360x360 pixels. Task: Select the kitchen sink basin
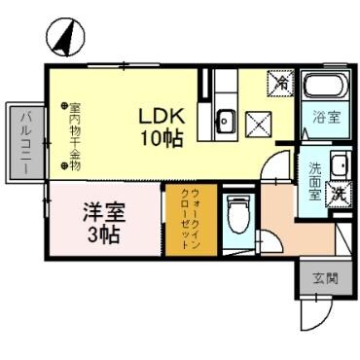pos(225,122)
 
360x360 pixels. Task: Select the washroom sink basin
pos(341,164)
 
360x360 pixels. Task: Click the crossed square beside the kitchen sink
pos(260,123)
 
